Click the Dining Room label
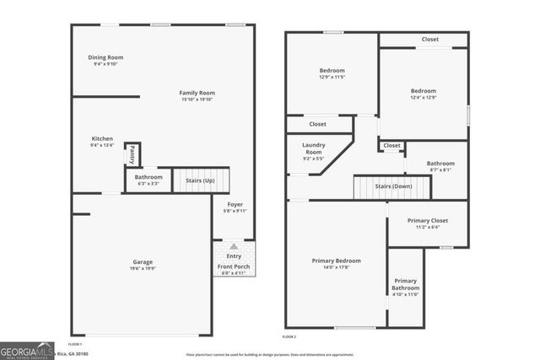tap(105, 57)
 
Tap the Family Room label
tap(197, 93)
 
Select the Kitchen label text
tap(102, 138)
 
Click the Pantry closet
tap(132, 155)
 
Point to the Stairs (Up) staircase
tap(200, 180)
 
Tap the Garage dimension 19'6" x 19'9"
tap(148, 269)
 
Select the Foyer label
tap(235, 205)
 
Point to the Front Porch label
tap(234, 267)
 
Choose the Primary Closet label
tap(428, 220)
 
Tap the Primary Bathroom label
tap(405, 284)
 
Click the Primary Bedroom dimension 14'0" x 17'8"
tap(337, 268)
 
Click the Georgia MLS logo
tap(25, 349)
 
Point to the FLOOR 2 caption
tap(290, 336)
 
